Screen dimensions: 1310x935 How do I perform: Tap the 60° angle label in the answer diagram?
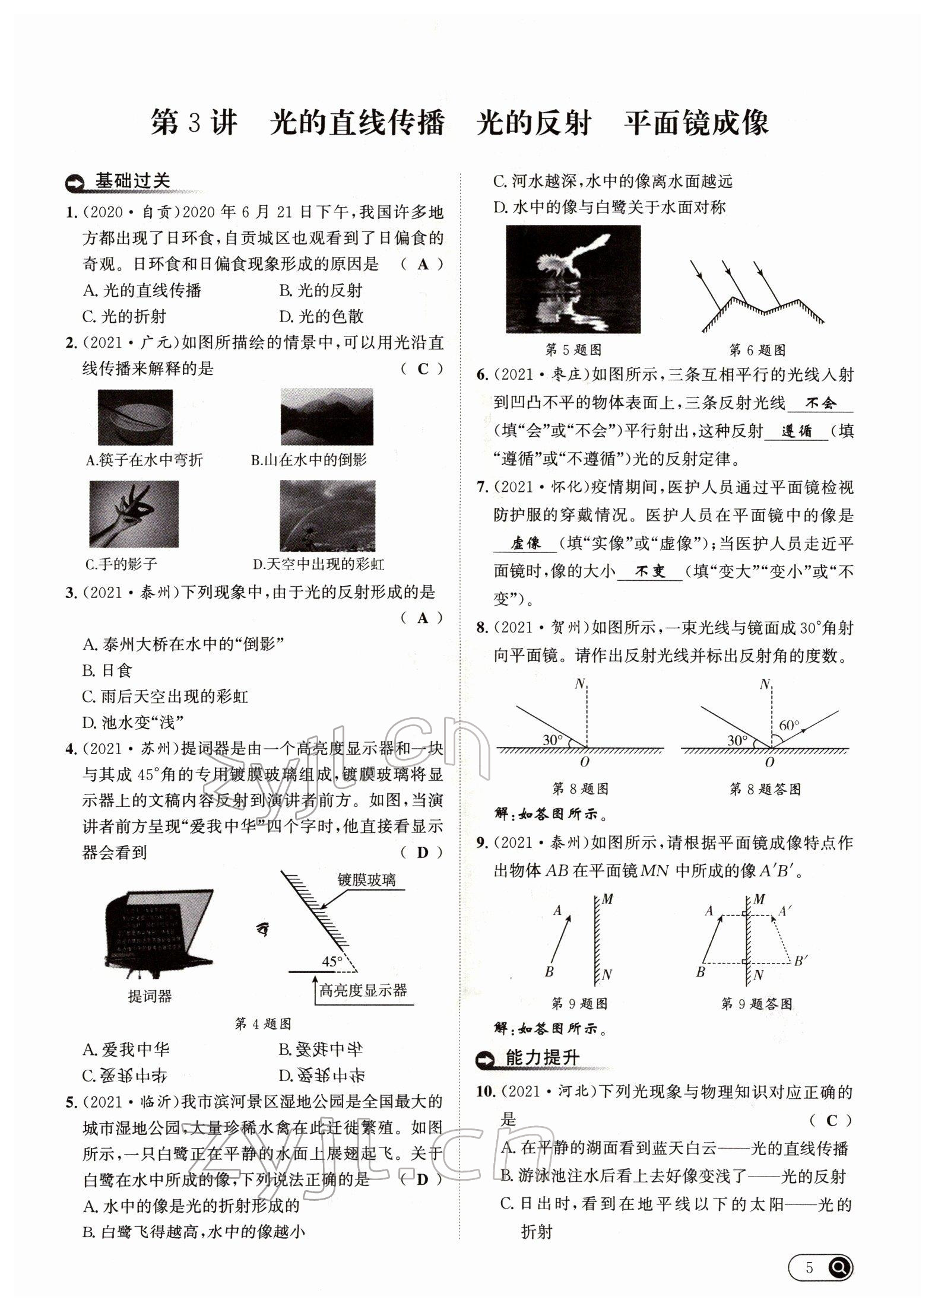tap(789, 725)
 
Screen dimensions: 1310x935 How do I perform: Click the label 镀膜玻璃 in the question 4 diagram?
tap(366, 880)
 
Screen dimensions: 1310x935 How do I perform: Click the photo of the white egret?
tap(573, 279)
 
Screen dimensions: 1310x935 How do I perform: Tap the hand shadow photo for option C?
tap(134, 514)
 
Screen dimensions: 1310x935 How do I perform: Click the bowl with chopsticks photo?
tap(135, 417)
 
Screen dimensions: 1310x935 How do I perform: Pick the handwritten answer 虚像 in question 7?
tap(525, 543)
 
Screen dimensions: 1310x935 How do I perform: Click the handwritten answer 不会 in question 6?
tap(820, 403)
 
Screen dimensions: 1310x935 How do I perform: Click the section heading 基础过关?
tap(132, 181)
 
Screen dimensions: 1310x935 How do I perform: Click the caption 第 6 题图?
tap(757, 350)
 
